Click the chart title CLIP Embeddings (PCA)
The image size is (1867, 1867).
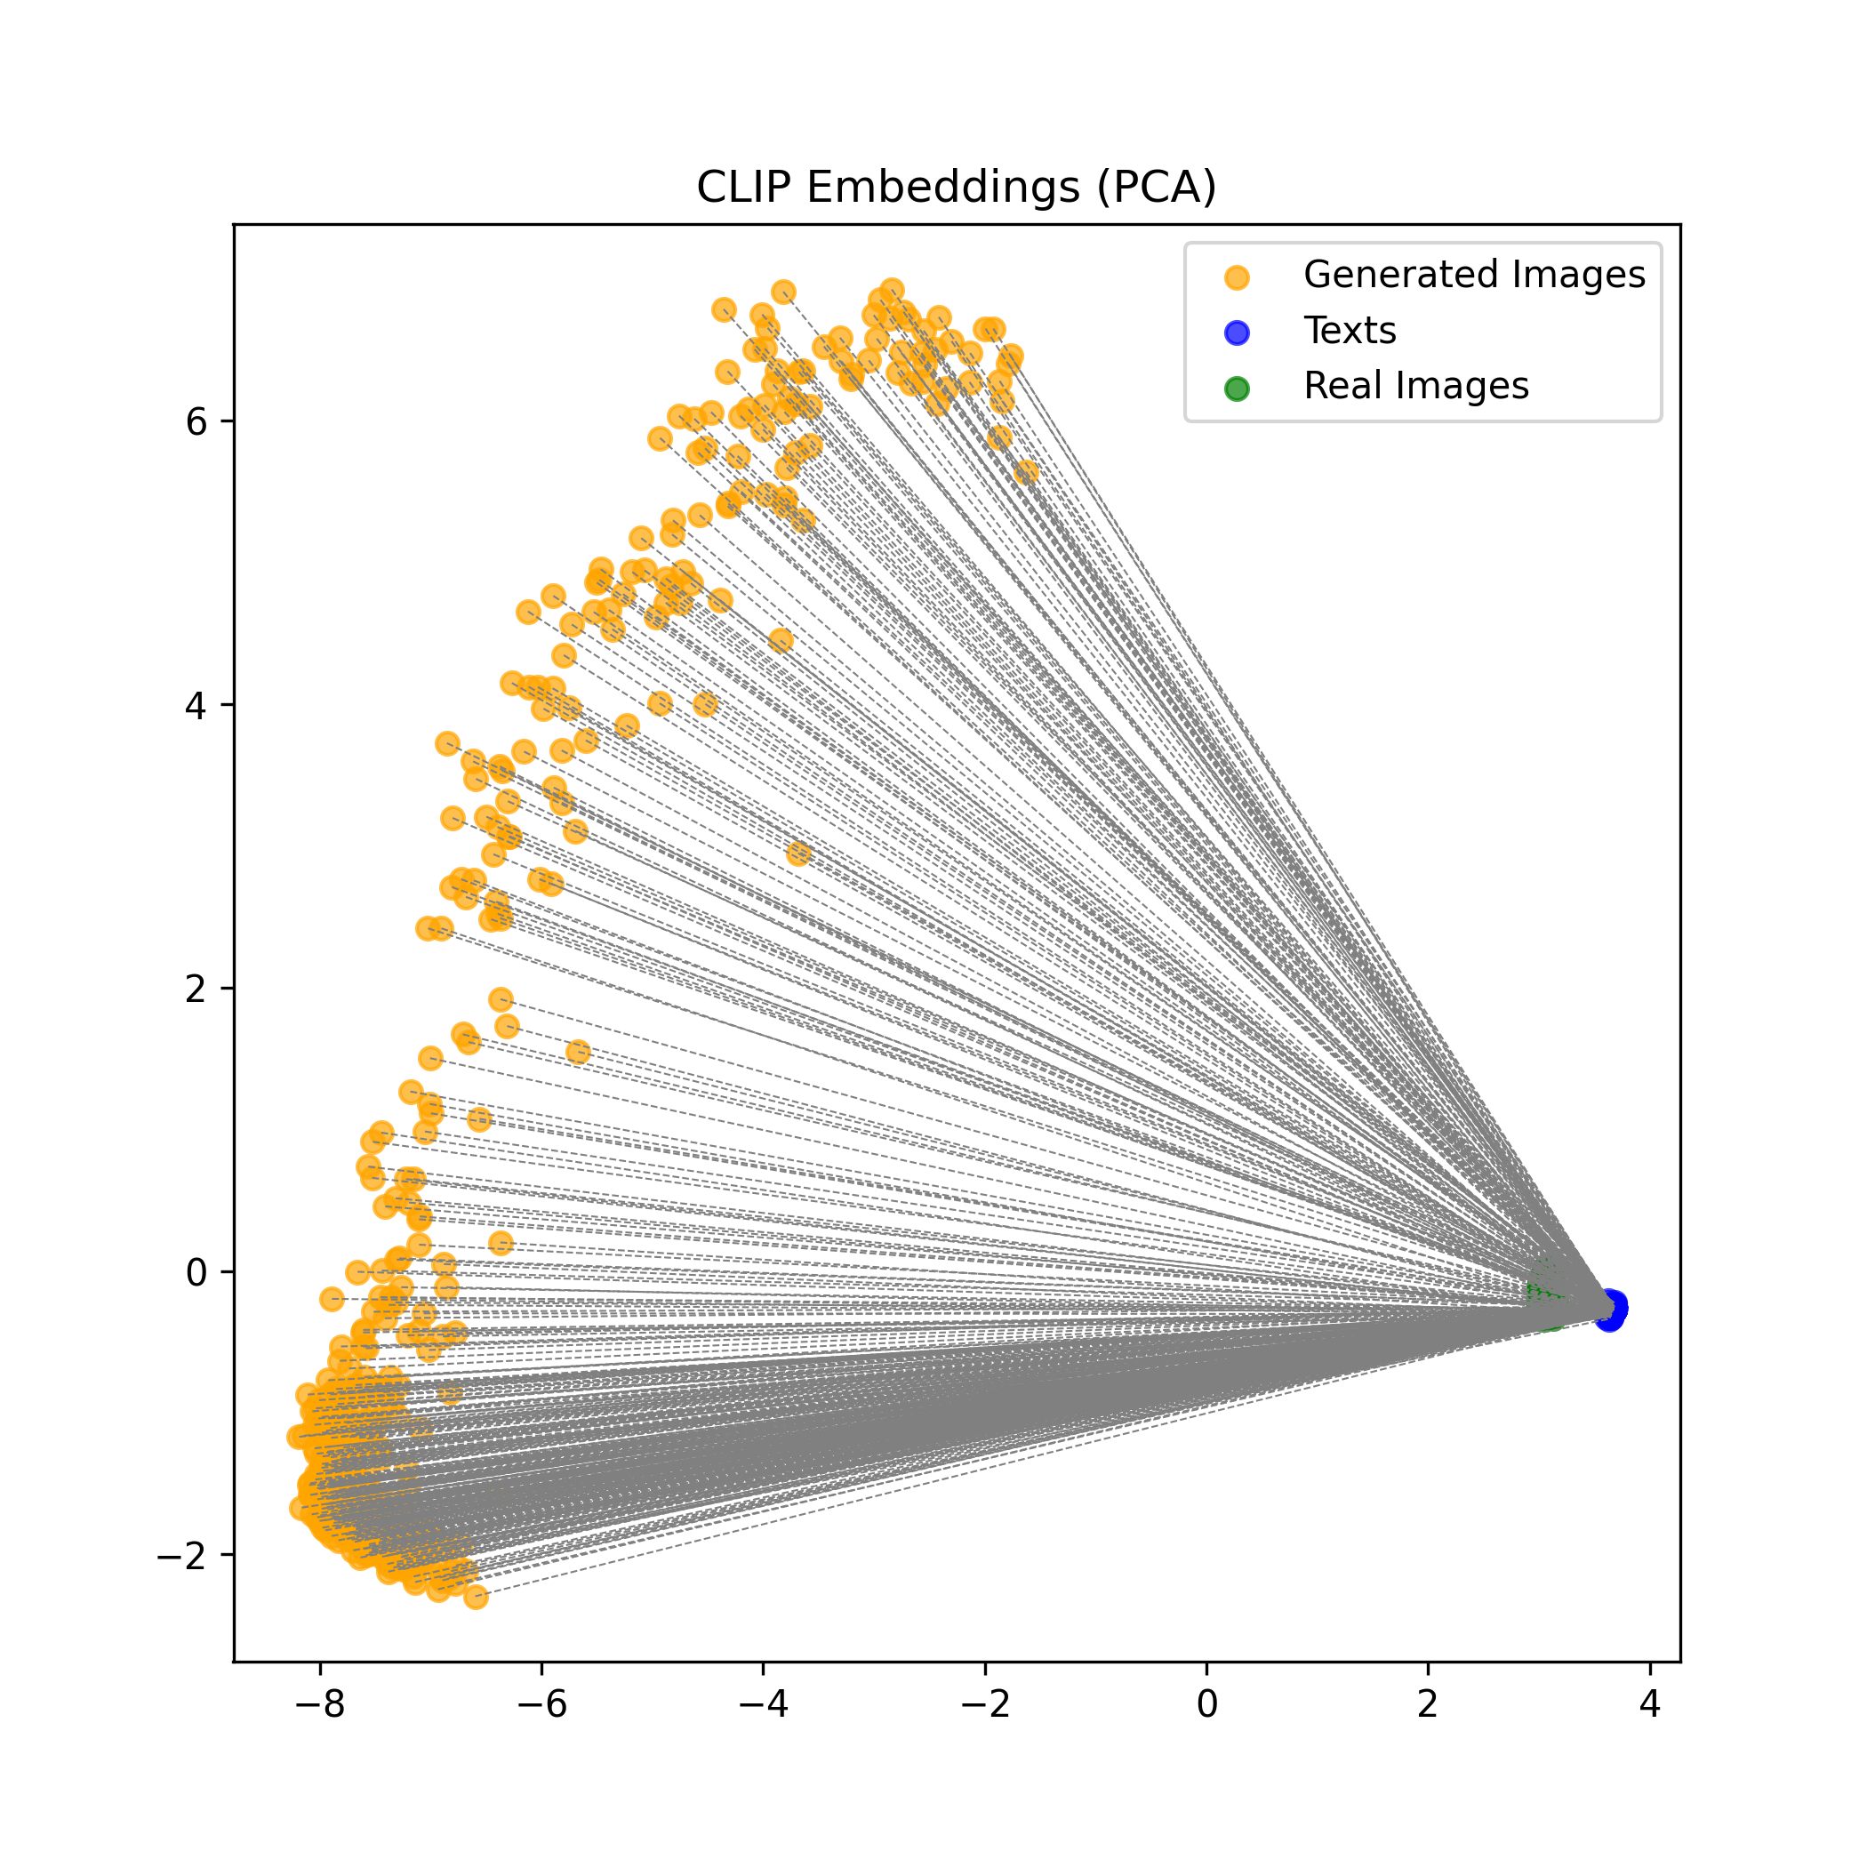pyautogui.click(x=956, y=187)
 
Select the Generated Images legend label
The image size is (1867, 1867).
pyautogui.click(x=1474, y=275)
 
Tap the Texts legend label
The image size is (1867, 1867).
pyautogui.click(x=1349, y=331)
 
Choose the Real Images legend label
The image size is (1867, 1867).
pyautogui.click(x=1415, y=386)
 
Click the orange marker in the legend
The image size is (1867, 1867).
pyautogui.click(x=1236, y=277)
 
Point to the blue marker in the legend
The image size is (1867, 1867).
pyautogui.click(x=1236, y=333)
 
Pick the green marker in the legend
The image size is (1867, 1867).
pyautogui.click(x=1236, y=389)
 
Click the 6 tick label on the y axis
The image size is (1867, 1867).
pyautogui.click(x=196, y=421)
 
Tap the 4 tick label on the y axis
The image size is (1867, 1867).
pyautogui.click(x=196, y=705)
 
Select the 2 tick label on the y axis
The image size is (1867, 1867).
pyautogui.click(x=196, y=989)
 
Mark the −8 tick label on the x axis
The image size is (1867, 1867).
pyautogui.click(x=320, y=1704)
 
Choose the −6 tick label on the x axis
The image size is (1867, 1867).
pyautogui.click(x=541, y=1704)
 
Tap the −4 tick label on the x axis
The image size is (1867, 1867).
pyautogui.click(x=764, y=1704)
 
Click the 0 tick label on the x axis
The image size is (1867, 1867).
pyautogui.click(x=1207, y=1704)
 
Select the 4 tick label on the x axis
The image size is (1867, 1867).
pyautogui.click(x=1649, y=1704)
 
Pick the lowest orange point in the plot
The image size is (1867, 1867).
pyautogui.click(x=476, y=1598)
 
